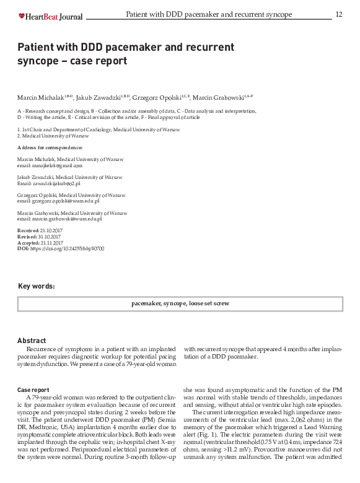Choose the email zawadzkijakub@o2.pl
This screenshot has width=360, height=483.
[x=57, y=183]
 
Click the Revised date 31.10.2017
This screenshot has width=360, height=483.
[x=49, y=237]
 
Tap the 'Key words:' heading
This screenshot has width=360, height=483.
[x=37, y=286]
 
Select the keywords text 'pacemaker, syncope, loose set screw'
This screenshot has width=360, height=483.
[x=180, y=304]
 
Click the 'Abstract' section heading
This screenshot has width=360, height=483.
[x=32, y=341]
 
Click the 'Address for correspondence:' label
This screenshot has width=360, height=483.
[x=50, y=148]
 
